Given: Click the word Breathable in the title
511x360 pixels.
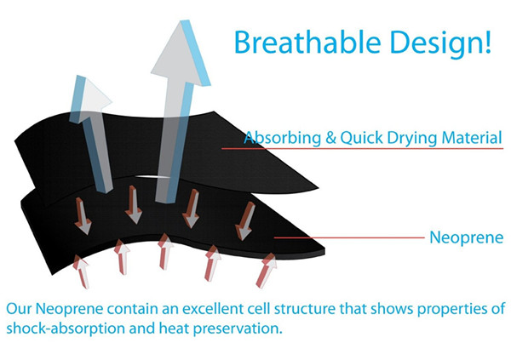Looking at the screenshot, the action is click(307, 42).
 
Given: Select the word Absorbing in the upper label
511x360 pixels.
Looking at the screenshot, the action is click(282, 138).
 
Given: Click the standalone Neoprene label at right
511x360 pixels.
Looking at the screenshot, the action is click(467, 237).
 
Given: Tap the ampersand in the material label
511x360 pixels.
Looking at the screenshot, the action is click(330, 138).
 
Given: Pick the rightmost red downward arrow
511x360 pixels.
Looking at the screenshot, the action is click(245, 221).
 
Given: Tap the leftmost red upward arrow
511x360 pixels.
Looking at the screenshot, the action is click(81, 271).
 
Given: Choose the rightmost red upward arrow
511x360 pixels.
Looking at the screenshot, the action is click(266, 271).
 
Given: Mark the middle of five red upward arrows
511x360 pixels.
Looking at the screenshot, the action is click(165, 251).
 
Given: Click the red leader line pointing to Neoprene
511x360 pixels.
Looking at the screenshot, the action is click(349, 237).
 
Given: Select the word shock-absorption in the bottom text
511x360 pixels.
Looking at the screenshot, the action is click(66, 329).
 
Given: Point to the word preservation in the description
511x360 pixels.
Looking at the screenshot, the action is click(238, 329).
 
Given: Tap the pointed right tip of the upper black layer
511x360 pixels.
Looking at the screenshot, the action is click(318, 187).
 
